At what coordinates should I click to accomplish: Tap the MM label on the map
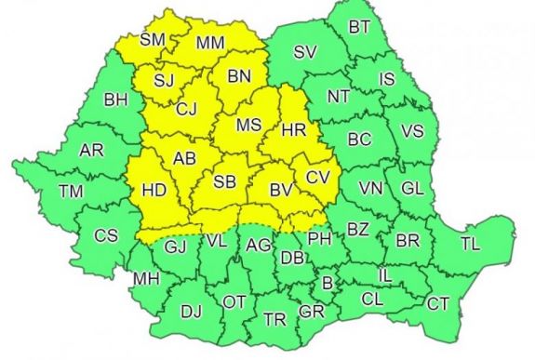209,42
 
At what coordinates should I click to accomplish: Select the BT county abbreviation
359,27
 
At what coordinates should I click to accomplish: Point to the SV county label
304,52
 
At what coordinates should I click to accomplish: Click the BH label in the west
116,99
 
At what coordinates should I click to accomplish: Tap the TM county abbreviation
69,192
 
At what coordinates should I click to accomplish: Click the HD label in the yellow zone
155,192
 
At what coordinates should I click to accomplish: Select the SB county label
226,181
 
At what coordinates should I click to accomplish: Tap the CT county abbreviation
437,303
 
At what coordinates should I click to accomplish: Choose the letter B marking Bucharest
327,283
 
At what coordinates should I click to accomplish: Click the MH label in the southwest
145,278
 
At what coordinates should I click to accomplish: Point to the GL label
412,188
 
